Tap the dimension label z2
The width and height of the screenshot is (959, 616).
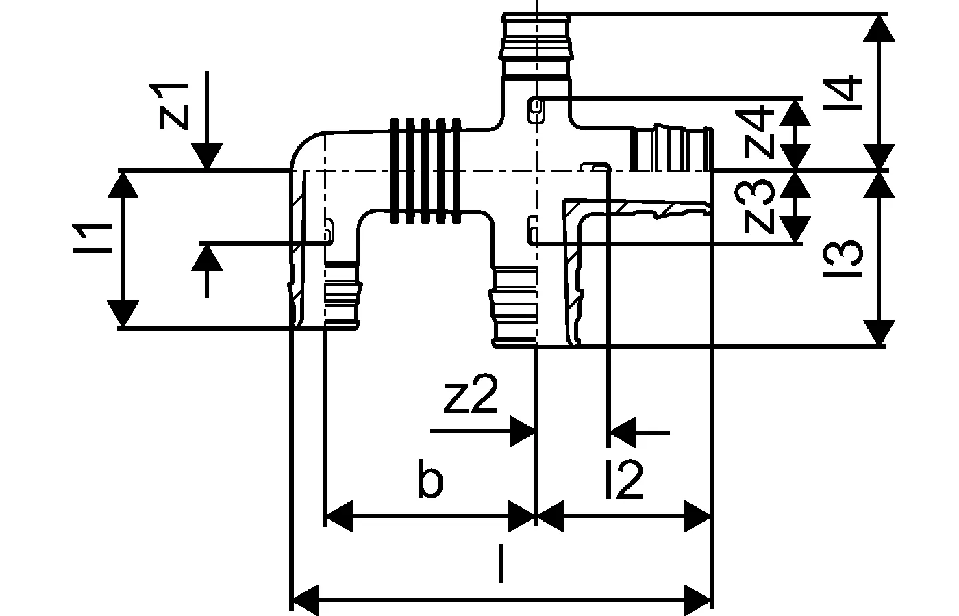click(470, 398)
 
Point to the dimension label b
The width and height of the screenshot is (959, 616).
click(430, 481)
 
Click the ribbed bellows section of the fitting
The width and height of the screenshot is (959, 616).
click(425, 171)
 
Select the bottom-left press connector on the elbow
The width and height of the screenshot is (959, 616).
click(341, 294)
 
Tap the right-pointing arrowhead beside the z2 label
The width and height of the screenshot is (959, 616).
click(523, 432)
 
